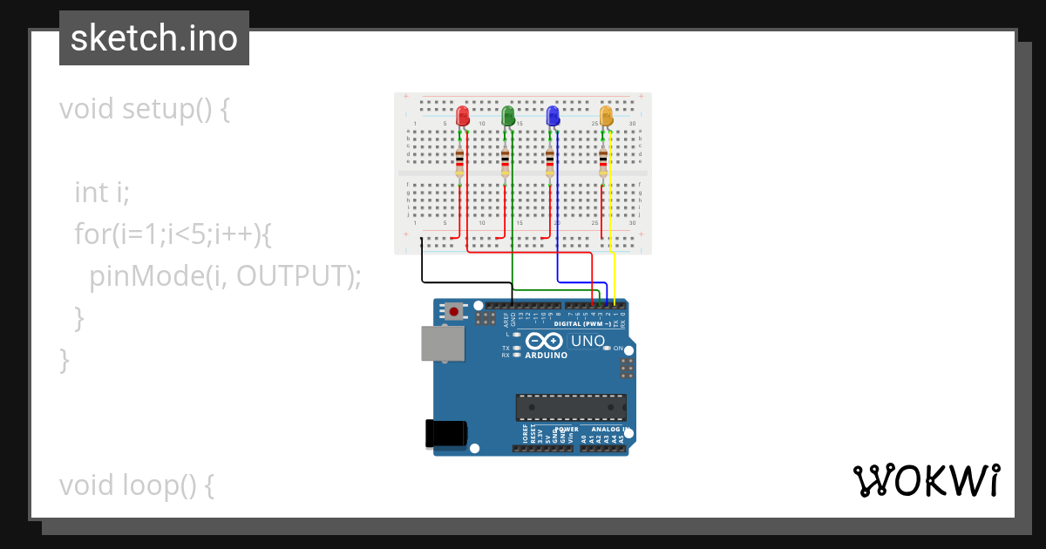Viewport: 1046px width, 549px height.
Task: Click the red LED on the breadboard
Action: click(462, 115)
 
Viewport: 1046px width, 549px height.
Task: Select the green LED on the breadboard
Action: click(508, 115)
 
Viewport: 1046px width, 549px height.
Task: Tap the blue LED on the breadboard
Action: click(553, 115)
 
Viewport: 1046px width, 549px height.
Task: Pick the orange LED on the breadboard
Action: click(607, 115)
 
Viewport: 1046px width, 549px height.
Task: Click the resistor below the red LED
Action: click(460, 162)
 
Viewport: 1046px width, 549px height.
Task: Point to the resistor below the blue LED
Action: click(549, 162)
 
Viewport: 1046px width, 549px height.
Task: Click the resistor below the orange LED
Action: click(603, 162)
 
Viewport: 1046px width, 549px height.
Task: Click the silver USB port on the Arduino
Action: click(443, 343)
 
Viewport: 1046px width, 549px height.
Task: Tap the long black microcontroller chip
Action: click(571, 407)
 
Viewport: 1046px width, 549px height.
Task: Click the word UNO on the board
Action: click(588, 341)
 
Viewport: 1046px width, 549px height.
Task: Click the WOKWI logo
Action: click(926, 481)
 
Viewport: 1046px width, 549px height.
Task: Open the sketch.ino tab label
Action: click(154, 38)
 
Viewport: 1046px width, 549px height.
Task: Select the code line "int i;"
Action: click(102, 192)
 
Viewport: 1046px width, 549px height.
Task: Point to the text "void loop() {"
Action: click(137, 485)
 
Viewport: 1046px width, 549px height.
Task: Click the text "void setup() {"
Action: click(145, 110)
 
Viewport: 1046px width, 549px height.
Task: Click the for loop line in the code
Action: click(174, 234)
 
